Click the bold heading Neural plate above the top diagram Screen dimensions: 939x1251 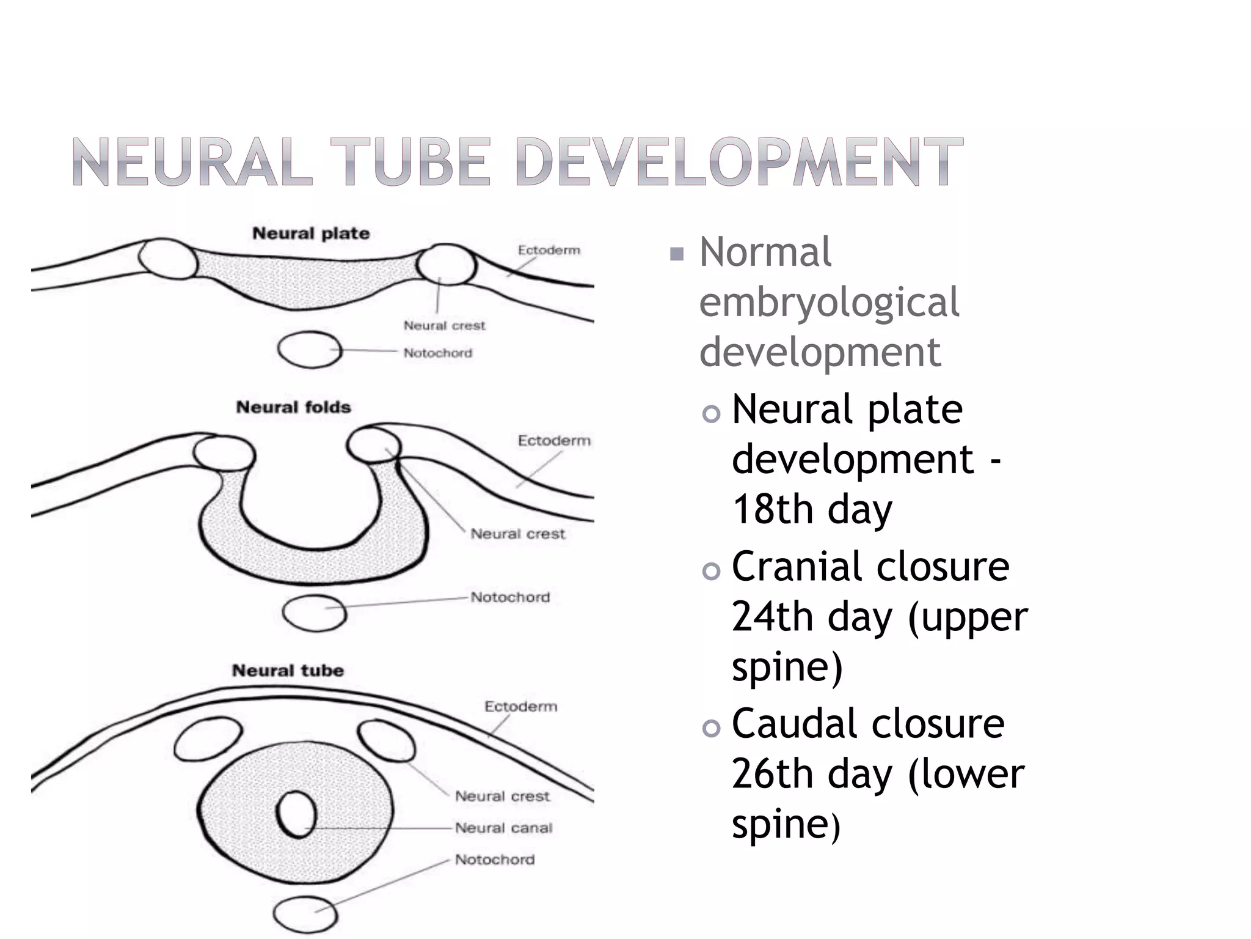point(311,234)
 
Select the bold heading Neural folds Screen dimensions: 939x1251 point(293,407)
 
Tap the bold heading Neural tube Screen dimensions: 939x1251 point(288,671)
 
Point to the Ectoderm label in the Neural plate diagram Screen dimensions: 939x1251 point(549,250)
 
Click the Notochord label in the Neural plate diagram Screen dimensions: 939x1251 point(437,353)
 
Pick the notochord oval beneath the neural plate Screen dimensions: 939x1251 point(310,350)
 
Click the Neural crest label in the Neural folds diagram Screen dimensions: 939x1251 point(517,534)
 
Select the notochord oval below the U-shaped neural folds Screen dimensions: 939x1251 point(314,613)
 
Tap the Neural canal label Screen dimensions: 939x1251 point(503,828)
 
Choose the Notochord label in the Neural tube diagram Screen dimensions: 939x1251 point(494,860)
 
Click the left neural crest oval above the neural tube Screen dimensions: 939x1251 point(208,740)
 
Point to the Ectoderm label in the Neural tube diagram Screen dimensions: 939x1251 point(520,707)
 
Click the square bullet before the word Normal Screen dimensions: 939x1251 point(676,254)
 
